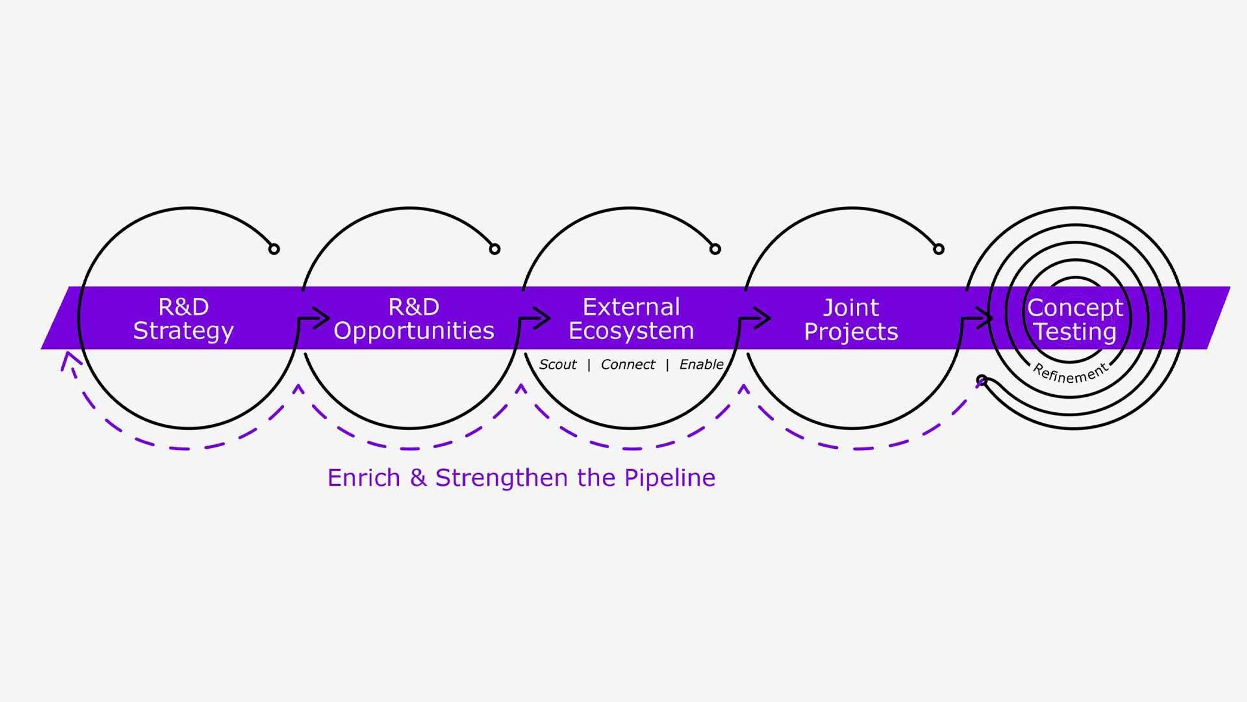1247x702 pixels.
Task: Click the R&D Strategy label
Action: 183,319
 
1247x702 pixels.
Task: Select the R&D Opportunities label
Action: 414,319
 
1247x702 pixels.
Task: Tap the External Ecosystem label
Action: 631,319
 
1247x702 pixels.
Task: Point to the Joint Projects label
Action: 851,319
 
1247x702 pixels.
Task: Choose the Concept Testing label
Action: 1075,319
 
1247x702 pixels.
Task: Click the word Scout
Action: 558,365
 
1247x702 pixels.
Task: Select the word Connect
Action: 628,365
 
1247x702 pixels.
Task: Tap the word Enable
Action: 701,365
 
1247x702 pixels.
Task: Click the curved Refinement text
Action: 1070,373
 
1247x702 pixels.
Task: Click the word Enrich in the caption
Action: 364,478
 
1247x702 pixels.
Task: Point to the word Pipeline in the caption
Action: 669,478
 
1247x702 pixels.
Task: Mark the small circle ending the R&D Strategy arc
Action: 274,249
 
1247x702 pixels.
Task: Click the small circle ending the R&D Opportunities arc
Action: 495,249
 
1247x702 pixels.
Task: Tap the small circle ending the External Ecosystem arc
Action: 715,249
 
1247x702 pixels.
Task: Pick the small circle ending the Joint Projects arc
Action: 938,249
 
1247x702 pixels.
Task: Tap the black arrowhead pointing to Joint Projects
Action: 763,318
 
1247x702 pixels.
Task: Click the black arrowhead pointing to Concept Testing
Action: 985,318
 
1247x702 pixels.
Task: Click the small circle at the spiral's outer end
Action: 981,380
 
